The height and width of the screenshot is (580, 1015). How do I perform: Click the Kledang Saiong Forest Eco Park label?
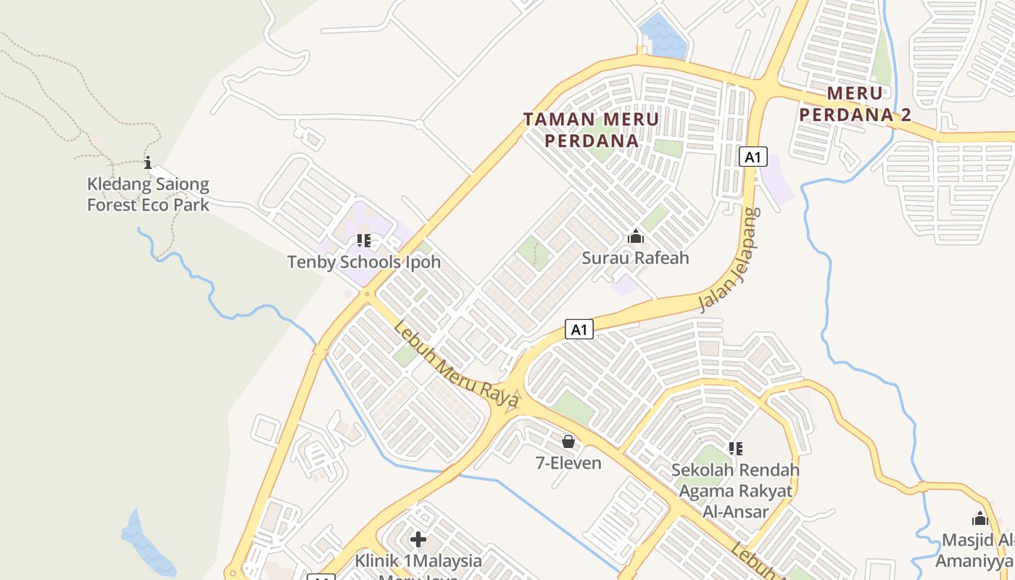click(x=148, y=195)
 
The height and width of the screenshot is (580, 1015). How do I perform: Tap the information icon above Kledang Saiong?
click(x=148, y=162)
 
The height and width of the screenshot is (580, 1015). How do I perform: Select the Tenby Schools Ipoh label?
click(x=364, y=262)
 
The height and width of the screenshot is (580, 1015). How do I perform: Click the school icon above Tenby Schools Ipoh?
click(x=364, y=241)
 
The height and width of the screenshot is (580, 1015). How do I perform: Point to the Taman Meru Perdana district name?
click(x=592, y=130)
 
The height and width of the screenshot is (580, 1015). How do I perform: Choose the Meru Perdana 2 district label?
click(x=855, y=104)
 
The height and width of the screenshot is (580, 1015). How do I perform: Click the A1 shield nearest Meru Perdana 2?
click(x=753, y=157)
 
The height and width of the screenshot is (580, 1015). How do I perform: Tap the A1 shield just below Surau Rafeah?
click(x=579, y=330)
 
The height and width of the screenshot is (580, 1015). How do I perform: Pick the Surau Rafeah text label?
click(x=636, y=257)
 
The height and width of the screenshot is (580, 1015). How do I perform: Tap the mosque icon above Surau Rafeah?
click(x=636, y=236)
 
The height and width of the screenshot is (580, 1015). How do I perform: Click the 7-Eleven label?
click(x=568, y=463)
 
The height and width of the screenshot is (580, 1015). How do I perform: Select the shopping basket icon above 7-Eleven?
click(x=568, y=442)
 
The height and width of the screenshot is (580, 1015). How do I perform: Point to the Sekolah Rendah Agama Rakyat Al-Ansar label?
click(x=735, y=490)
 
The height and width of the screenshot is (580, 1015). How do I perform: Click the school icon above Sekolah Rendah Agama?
click(x=736, y=449)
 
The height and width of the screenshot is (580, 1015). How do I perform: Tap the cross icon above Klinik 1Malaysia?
click(x=418, y=539)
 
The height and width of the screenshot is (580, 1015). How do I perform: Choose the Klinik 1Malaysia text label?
click(x=418, y=561)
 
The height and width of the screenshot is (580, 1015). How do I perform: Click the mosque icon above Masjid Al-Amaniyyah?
click(x=980, y=518)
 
